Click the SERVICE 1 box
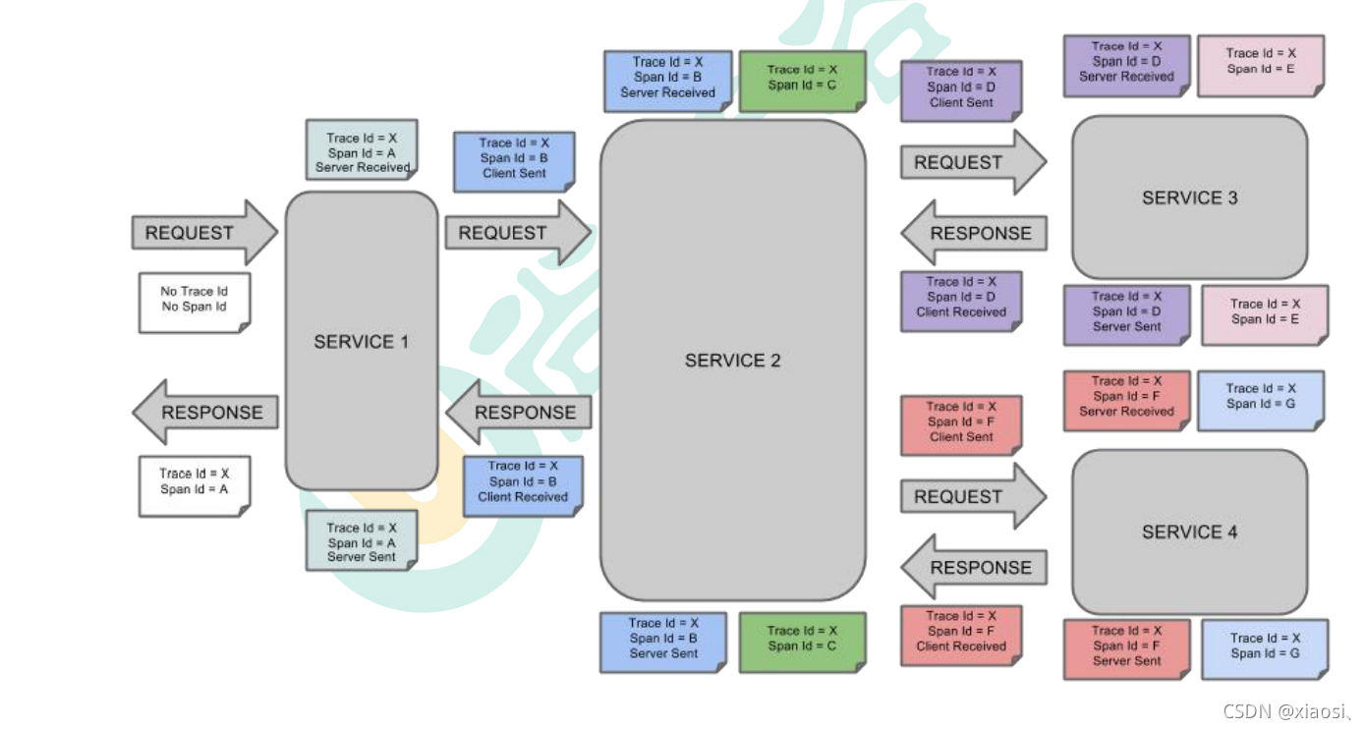(361, 341)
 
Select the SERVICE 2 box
(732, 361)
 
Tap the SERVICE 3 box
(1189, 197)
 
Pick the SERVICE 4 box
(1189, 532)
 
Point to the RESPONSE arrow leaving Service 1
(206, 413)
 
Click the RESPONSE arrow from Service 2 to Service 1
(520, 413)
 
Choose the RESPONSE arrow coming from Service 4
(974, 568)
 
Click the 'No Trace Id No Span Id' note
(194, 300)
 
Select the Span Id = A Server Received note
(361, 152)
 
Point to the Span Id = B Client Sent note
(514, 158)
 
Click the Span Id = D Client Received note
(961, 298)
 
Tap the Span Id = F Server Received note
(1126, 397)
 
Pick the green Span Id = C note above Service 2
(802, 79)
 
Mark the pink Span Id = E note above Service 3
(1261, 63)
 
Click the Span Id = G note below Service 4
(1265, 646)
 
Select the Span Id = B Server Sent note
(663, 639)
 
